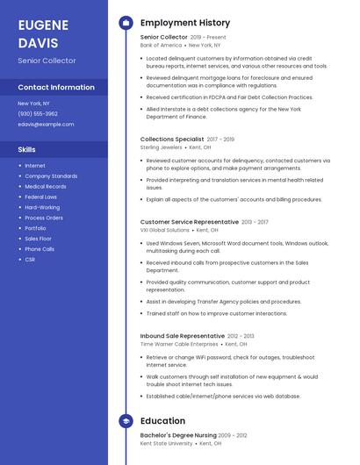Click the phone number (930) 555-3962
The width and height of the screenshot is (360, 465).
tap(38, 113)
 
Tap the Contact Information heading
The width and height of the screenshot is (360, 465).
tap(56, 88)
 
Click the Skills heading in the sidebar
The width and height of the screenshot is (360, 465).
tap(27, 149)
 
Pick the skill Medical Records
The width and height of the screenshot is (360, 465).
tap(46, 186)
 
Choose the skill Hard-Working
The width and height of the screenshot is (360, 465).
tap(42, 207)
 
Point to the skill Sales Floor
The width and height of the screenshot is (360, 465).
tap(38, 239)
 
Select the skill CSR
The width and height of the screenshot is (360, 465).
tap(30, 260)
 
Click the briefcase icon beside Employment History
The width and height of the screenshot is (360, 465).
tap(126, 23)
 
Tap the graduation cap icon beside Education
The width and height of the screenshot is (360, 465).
tap(126, 421)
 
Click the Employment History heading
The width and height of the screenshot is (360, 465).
tap(185, 23)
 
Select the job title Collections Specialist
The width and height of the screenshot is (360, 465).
tap(172, 139)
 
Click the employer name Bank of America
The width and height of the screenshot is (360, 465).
tap(160, 45)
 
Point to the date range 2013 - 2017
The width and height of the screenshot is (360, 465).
tap(255, 222)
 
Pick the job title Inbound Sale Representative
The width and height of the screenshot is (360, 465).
tap(183, 336)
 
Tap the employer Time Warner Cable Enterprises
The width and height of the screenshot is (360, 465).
tap(180, 344)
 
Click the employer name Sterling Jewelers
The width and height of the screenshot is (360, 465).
tap(162, 147)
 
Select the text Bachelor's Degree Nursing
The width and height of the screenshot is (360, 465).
tap(178, 435)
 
